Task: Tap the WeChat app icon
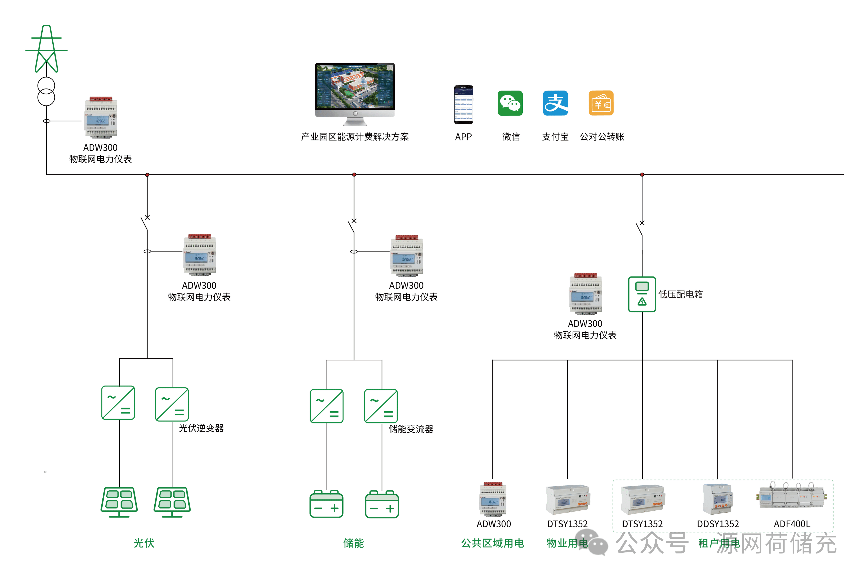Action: point(510,103)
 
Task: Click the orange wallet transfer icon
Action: point(601,103)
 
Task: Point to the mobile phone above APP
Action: point(463,105)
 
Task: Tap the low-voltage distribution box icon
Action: point(642,294)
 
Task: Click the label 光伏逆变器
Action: point(201,428)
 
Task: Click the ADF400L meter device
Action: point(792,496)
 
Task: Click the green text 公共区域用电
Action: point(492,543)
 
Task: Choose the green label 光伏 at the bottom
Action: point(144,543)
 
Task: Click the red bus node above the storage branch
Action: point(354,175)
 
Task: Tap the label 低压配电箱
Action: point(680,294)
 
